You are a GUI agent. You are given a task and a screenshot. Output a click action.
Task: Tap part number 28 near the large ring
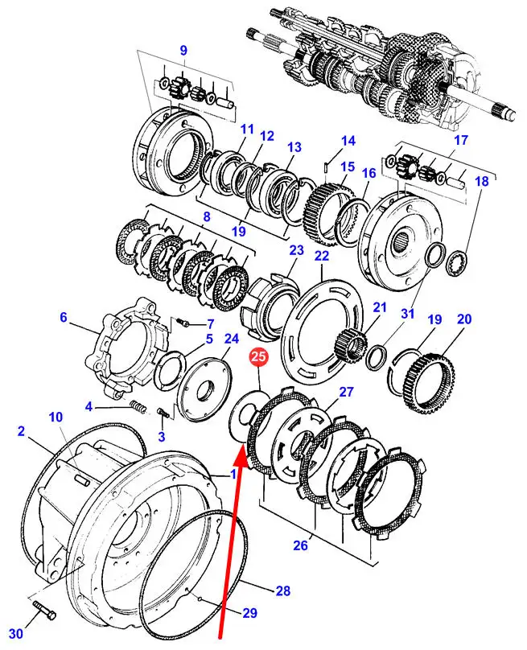pos(282,591)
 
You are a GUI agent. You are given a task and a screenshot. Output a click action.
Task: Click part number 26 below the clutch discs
pos(299,545)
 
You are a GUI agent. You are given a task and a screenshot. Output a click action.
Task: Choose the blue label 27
pos(346,392)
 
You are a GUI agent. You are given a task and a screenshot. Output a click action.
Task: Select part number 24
pos(232,339)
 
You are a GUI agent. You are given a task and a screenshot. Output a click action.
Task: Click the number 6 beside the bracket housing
pos(64,318)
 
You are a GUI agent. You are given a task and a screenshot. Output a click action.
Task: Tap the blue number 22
pos(322,256)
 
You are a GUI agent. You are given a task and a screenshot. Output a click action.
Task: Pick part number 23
pos(297,250)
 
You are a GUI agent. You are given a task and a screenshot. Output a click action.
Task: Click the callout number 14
pos(348,141)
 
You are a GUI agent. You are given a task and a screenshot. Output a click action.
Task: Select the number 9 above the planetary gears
pos(183,51)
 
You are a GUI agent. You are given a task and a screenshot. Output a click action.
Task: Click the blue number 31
pos(407,313)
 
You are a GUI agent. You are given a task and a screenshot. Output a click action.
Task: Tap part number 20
pos(463,319)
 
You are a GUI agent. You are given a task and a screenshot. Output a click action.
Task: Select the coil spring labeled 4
pos(139,409)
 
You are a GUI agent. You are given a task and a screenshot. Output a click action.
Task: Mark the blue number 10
pos(56,417)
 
